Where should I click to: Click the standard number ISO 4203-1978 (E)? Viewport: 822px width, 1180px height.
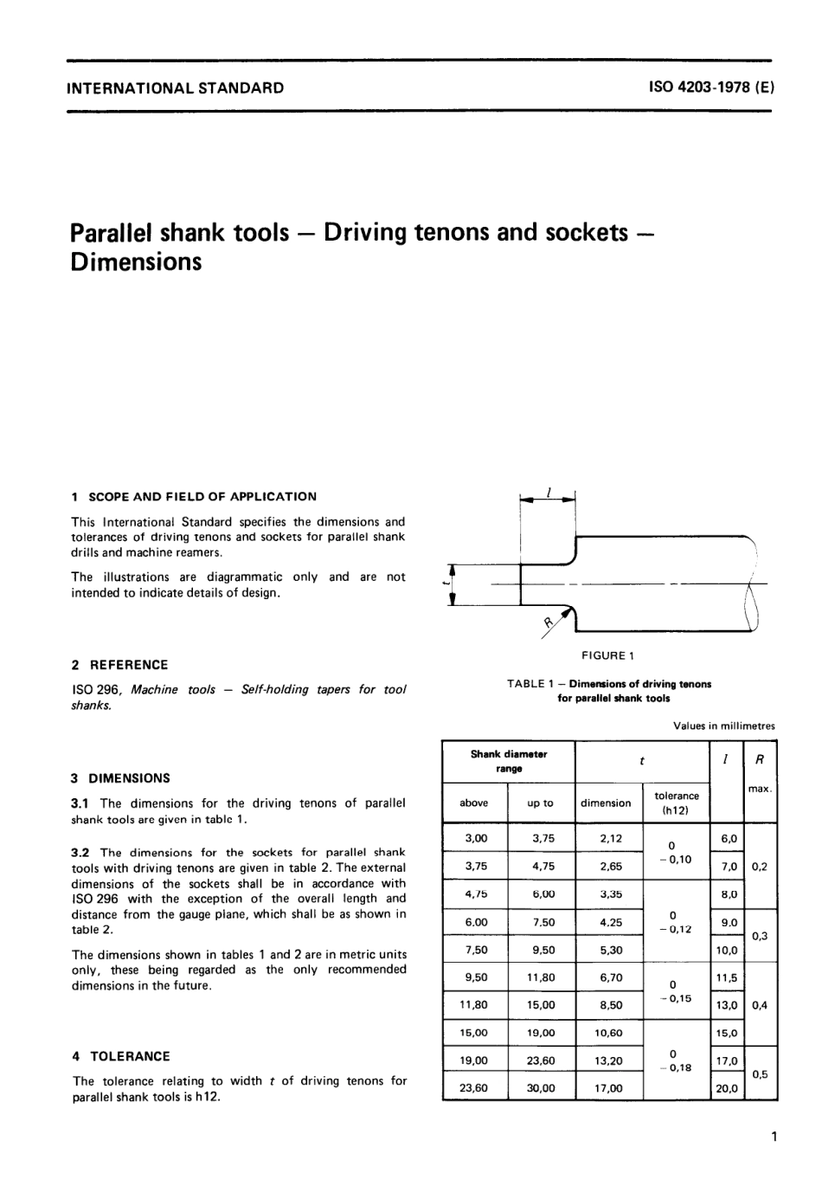pyautogui.click(x=710, y=87)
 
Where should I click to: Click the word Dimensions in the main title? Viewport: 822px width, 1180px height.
pyautogui.click(x=136, y=261)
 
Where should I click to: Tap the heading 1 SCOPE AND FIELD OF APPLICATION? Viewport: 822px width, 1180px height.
pyautogui.click(x=194, y=497)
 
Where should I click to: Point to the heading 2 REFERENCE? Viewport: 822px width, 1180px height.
pyautogui.click(x=120, y=665)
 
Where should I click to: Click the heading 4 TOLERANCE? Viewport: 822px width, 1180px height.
pyautogui.click(x=121, y=1056)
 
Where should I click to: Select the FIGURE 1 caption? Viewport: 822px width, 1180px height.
pyautogui.click(x=609, y=655)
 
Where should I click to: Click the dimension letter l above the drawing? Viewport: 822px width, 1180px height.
pyautogui.click(x=549, y=491)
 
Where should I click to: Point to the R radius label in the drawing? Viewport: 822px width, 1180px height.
pyautogui.click(x=549, y=622)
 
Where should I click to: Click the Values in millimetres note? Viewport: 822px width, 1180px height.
pyautogui.click(x=724, y=725)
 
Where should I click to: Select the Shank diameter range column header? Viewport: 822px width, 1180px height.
pyautogui.click(x=509, y=761)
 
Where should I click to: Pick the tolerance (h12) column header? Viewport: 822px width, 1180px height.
pyautogui.click(x=677, y=803)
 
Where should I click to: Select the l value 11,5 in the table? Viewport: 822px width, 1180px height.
pyautogui.click(x=727, y=977)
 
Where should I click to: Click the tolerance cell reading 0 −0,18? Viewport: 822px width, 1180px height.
pyautogui.click(x=677, y=1061)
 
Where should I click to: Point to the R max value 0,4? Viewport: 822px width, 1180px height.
pyautogui.click(x=760, y=1005)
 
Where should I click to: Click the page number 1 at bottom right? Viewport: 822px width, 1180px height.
pyautogui.click(x=773, y=1136)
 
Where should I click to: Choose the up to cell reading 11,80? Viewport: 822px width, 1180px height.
pyautogui.click(x=541, y=977)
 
